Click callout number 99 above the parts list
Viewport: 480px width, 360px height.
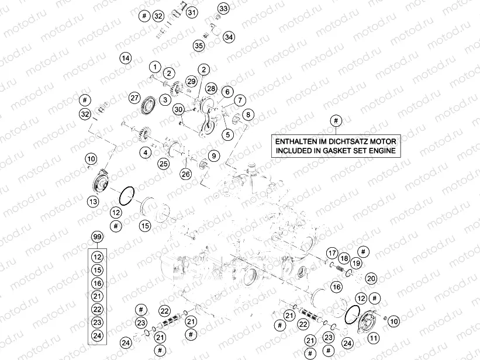click(x=97, y=237)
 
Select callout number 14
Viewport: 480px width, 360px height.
click(x=125, y=57)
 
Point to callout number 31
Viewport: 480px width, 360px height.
click(x=192, y=12)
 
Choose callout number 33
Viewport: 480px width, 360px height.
click(x=223, y=8)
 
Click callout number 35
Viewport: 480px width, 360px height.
click(x=199, y=46)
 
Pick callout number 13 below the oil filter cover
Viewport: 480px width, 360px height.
click(x=93, y=202)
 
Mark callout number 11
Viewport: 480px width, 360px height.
click(x=373, y=337)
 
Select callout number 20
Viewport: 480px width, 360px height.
click(x=371, y=278)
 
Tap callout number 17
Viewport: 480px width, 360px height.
click(x=332, y=253)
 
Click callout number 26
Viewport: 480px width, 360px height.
click(x=185, y=174)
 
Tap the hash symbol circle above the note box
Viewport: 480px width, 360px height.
click(x=335, y=120)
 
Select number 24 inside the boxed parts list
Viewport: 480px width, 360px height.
click(x=97, y=335)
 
